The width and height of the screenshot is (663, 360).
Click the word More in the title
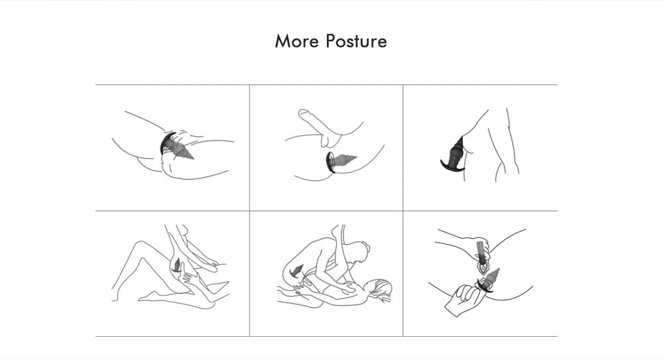297,41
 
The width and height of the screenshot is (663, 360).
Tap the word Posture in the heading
357,41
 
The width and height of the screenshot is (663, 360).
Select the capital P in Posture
331,41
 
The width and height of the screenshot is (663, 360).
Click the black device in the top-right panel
453,154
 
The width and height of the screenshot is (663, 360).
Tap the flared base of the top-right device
451,166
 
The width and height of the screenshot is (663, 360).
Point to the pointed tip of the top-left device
193,158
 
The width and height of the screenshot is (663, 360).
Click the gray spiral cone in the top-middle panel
345,160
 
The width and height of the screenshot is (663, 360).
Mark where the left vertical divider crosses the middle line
249,211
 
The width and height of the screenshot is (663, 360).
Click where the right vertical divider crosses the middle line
403,211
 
